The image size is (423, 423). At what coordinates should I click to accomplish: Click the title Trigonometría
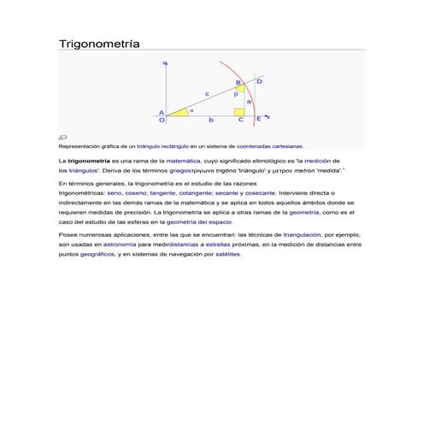(97, 42)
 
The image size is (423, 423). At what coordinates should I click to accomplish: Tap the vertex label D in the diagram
(259, 80)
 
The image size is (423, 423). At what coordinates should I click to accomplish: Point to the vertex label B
(238, 82)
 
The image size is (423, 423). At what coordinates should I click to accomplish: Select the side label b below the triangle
(211, 120)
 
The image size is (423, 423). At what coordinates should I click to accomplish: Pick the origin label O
(162, 120)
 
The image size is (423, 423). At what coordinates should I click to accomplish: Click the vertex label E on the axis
(259, 119)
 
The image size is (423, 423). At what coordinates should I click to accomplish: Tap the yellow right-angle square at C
(239, 111)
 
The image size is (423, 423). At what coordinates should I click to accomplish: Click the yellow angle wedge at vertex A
(178, 111)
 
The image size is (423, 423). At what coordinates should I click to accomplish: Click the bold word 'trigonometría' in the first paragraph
(88, 160)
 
